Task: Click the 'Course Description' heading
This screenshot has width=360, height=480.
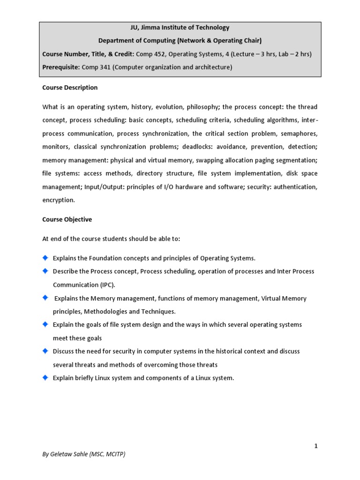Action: [x=70, y=88]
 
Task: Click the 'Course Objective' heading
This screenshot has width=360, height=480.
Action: [x=67, y=219]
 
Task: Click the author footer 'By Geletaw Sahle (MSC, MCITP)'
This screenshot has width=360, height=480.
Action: [x=84, y=454]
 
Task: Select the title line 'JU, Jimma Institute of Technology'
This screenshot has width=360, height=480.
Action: [x=180, y=28]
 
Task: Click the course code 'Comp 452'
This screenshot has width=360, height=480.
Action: [x=150, y=54]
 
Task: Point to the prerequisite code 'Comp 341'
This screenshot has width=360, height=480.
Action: [x=96, y=67]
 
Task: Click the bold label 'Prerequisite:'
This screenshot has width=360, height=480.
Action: [x=61, y=67]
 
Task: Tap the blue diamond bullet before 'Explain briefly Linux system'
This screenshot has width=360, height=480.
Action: [x=45, y=377]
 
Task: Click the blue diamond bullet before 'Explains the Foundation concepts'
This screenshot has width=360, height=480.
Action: [x=45, y=258]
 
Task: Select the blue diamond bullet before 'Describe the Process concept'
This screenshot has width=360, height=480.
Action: [x=45, y=271]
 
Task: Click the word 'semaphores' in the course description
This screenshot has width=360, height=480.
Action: [x=299, y=134]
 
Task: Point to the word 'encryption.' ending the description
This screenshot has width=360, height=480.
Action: [x=59, y=200]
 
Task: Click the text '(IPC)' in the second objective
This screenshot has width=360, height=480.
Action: [x=107, y=285]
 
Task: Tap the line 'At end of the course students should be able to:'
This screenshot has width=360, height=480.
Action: [x=111, y=239]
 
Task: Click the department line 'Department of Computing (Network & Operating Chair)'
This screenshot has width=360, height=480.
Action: [x=180, y=41]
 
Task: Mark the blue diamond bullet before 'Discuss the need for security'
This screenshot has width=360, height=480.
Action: [x=45, y=351]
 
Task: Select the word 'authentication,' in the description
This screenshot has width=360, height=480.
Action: [x=293, y=187]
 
